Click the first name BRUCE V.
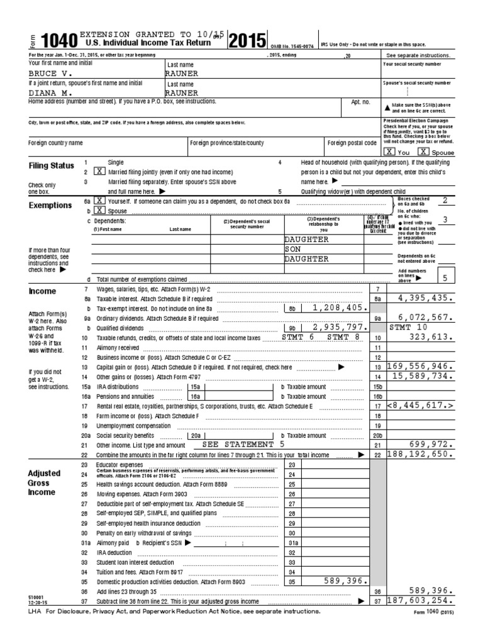coord(48,73)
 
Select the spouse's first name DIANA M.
coord(48,92)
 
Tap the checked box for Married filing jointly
coord(99,171)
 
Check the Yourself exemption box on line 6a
coord(99,201)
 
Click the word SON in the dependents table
coord(294,249)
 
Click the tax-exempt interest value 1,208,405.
coord(338,308)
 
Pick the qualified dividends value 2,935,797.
coord(338,328)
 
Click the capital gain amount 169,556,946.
coord(420,366)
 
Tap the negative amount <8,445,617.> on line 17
coord(420,406)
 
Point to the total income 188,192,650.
coord(420,453)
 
